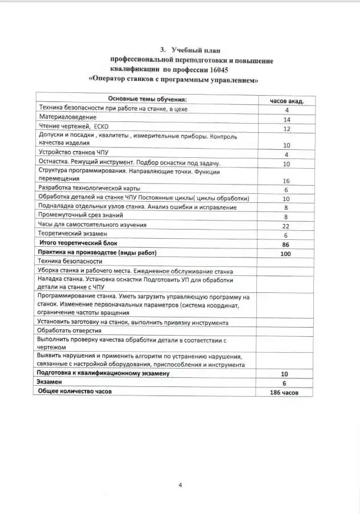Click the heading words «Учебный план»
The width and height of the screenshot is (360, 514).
point(196,51)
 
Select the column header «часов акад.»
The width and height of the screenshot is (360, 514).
point(287,100)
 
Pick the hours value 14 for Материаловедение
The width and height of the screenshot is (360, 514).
point(287,120)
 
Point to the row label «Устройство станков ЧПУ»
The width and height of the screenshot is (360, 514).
point(72,153)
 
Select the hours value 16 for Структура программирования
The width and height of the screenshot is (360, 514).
point(287,181)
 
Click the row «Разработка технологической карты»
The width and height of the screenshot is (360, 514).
point(89,188)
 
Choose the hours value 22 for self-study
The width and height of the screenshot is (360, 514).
point(287,226)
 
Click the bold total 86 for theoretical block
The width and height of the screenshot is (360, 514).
point(287,244)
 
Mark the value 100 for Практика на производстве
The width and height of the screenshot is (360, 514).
point(287,254)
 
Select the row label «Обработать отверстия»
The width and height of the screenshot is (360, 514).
point(69,330)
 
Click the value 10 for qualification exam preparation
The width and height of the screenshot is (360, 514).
point(284,374)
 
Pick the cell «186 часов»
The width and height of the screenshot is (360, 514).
point(284,393)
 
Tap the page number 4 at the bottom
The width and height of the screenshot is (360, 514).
point(180,485)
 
